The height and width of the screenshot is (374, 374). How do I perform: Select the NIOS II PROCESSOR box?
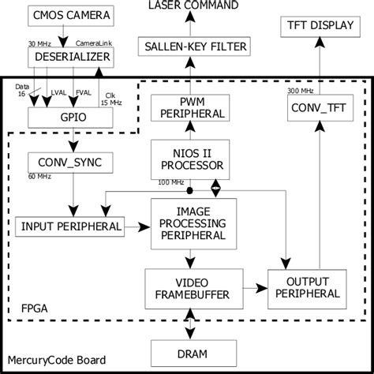192,159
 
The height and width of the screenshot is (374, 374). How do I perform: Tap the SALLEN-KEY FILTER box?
192,47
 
